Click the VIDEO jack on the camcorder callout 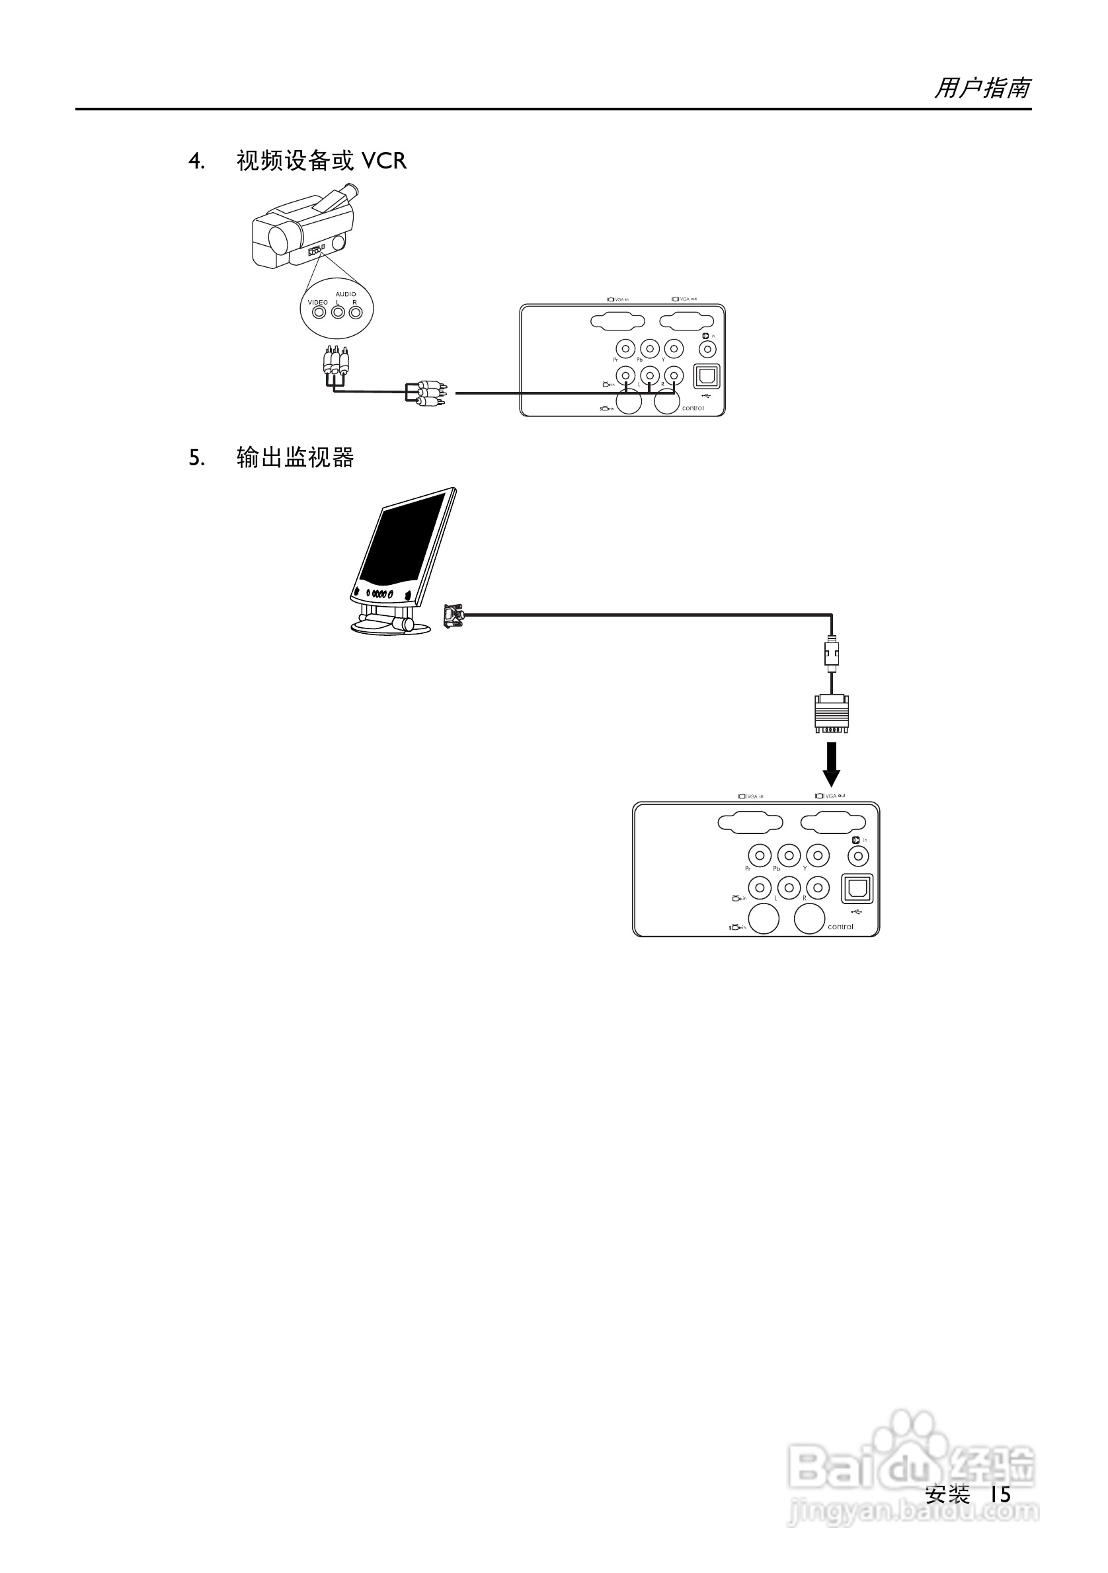(x=319, y=313)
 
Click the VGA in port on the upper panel (x=617, y=323)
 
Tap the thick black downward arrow (x=831, y=769)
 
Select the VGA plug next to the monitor (x=454, y=615)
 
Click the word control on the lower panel (x=840, y=927)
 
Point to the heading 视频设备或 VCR (x=321, y=161)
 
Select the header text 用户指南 (x=982, y=89)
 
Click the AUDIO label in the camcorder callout (x=345, y=294)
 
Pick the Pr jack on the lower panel (x=759, y=856)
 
